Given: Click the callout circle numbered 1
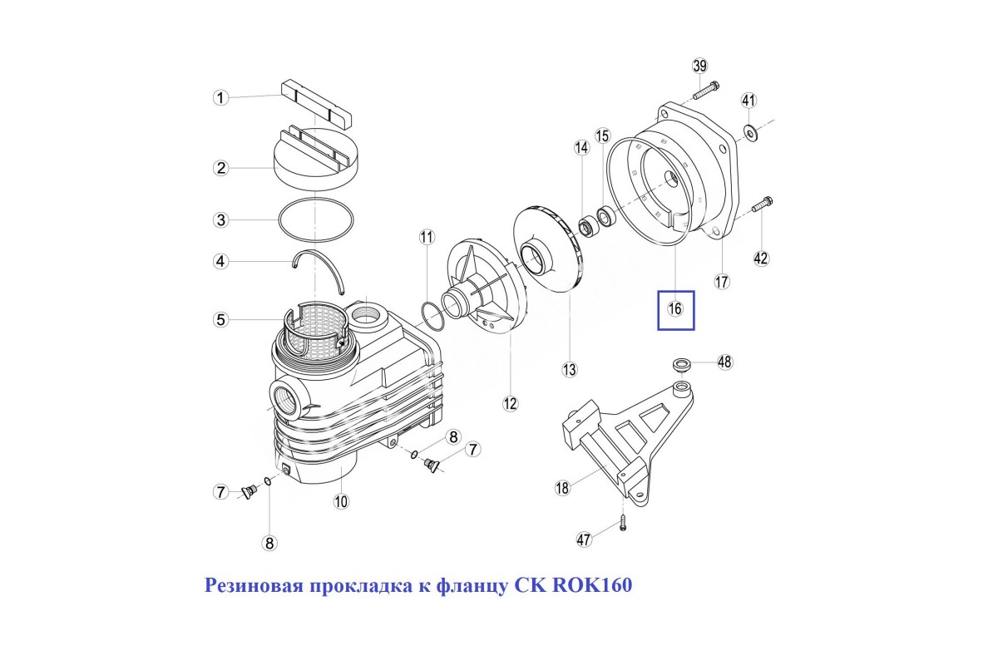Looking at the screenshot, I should (220, 98).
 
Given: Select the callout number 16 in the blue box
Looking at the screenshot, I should (675, 309).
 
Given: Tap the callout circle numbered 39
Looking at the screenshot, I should (699, 66).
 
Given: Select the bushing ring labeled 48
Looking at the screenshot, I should (682, 363).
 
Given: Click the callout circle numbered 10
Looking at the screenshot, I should (340, 500).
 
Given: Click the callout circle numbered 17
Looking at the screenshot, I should (722, 281).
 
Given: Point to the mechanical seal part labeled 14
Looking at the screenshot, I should (588, 224).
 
